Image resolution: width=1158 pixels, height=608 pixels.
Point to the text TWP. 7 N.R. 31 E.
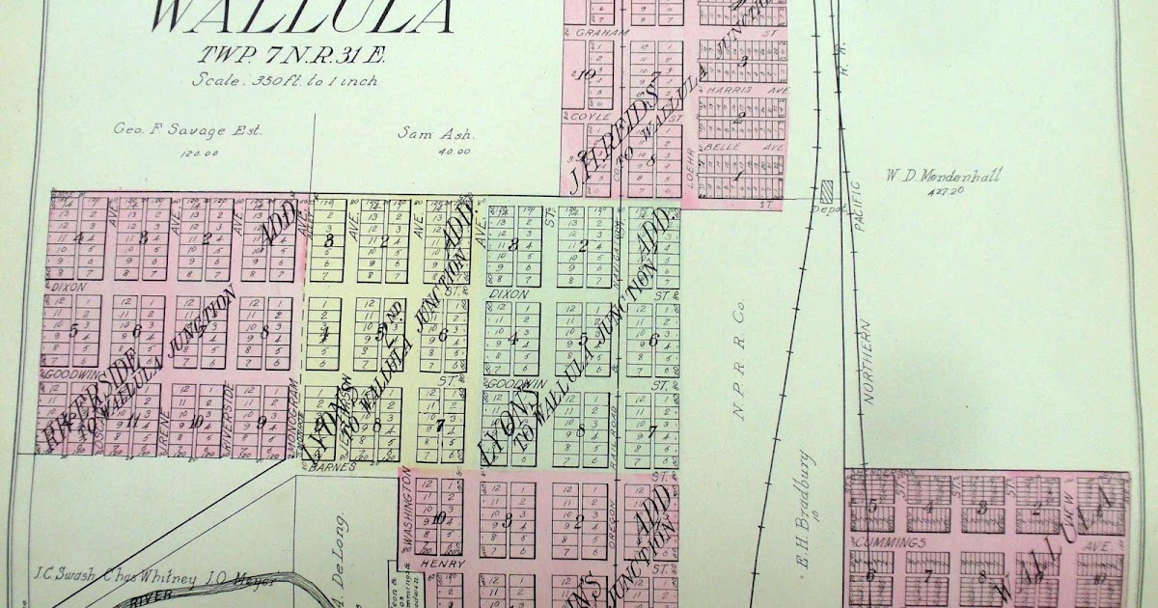266,57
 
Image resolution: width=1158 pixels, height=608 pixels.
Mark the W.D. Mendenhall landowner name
943,176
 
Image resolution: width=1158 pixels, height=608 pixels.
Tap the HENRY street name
442,563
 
